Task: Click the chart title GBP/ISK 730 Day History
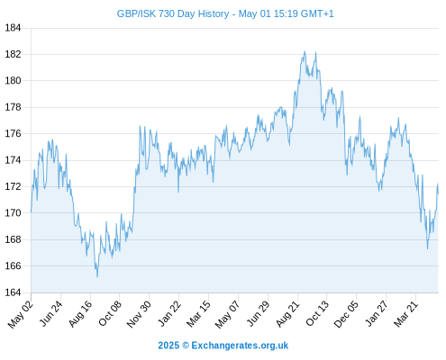click(x=173, y=13)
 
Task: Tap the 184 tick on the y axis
click(x=13, y=28)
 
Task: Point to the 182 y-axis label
click(x=13, y=54)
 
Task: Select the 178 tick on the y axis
click(x=13, y=107)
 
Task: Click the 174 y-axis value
click(x=13, y=160)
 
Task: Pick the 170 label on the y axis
click(x=13, y=213)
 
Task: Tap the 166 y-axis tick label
click(x=13, y=265)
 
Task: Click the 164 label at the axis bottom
click(x=13, y=292)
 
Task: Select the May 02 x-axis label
click(x=20, y=314)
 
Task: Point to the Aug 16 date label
click(x=80, y=314)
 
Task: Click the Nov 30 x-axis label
click(x=139, y=314)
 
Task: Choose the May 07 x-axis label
click(x=228, y=314)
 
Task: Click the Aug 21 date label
click(x=288, y=314)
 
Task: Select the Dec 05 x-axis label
click(x=346, y=314)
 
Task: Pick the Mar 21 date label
click(x=405, y=314)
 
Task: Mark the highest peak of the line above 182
click(x=305, y=51)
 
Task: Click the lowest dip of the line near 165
click(x=97, y=277)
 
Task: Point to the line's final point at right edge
click(x=438, y=193)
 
